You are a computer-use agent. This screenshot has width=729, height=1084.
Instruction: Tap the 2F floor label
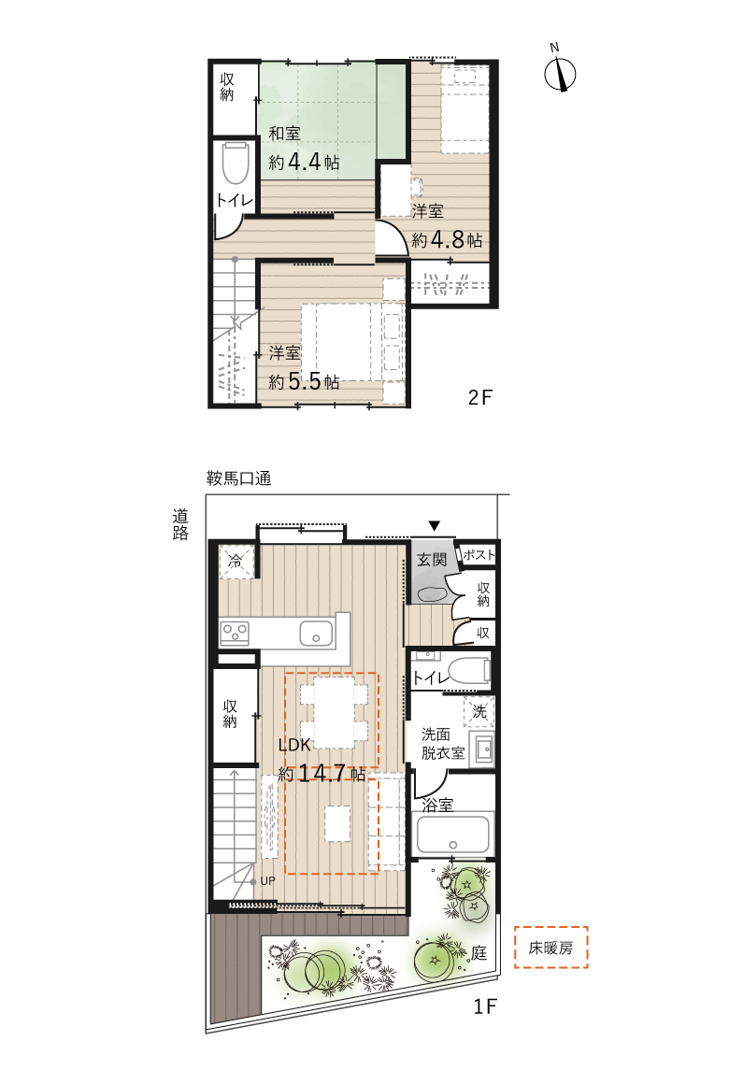click(x=479, y=397)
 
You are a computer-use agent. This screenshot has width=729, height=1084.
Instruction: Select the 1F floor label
click(x=485, y=1006)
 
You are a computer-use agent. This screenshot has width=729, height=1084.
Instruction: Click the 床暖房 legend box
click(x=551, y=948)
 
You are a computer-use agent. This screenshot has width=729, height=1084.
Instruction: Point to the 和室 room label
click(x=284, y=133)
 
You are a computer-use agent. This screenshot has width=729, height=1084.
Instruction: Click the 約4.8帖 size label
click(x=447, y=240)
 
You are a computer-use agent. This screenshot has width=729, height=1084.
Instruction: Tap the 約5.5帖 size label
click(x=304, y=381)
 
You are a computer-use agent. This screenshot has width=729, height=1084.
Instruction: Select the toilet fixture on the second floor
click(x=236, y=164)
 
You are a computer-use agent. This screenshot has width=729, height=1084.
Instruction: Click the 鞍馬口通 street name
click(x=238, y=478)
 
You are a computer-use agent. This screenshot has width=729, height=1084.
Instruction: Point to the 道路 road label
click(x=179, y=524)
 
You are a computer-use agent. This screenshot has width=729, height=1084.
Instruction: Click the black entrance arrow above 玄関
click(x=434, y=526)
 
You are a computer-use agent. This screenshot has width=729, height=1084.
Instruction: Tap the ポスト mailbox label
click(x=479, y=554)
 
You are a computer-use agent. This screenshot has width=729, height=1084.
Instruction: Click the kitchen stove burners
click(x=235, y=633)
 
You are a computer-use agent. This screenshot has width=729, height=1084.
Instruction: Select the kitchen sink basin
click(x=316, y=634)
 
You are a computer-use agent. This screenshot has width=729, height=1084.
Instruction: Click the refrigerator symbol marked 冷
click(x=236, y=562)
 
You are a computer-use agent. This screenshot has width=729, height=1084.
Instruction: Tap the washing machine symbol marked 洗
click(x=479, y=711)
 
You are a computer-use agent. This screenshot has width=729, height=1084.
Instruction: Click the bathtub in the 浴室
click(x=453, y=834)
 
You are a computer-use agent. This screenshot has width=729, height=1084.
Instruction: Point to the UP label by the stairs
click(x=267, y=880)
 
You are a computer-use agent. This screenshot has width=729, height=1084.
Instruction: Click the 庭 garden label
click(x=479, y=953)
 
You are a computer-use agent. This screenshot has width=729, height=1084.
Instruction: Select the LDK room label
click(x=294, y=745)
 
